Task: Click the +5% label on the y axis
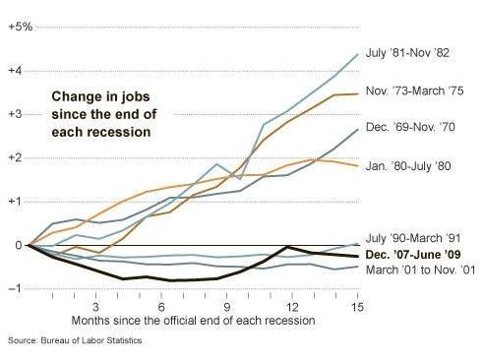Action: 20,26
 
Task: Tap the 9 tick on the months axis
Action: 227,307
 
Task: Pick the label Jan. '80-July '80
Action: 411,165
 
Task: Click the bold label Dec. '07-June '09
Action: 417,255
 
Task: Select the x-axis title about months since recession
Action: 193,321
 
